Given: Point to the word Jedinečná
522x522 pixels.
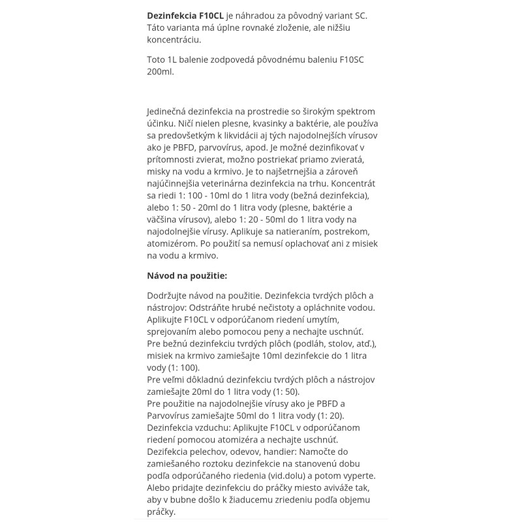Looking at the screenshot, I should tap(172, 112).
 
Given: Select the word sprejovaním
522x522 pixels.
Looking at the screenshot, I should tap(175, 331).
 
